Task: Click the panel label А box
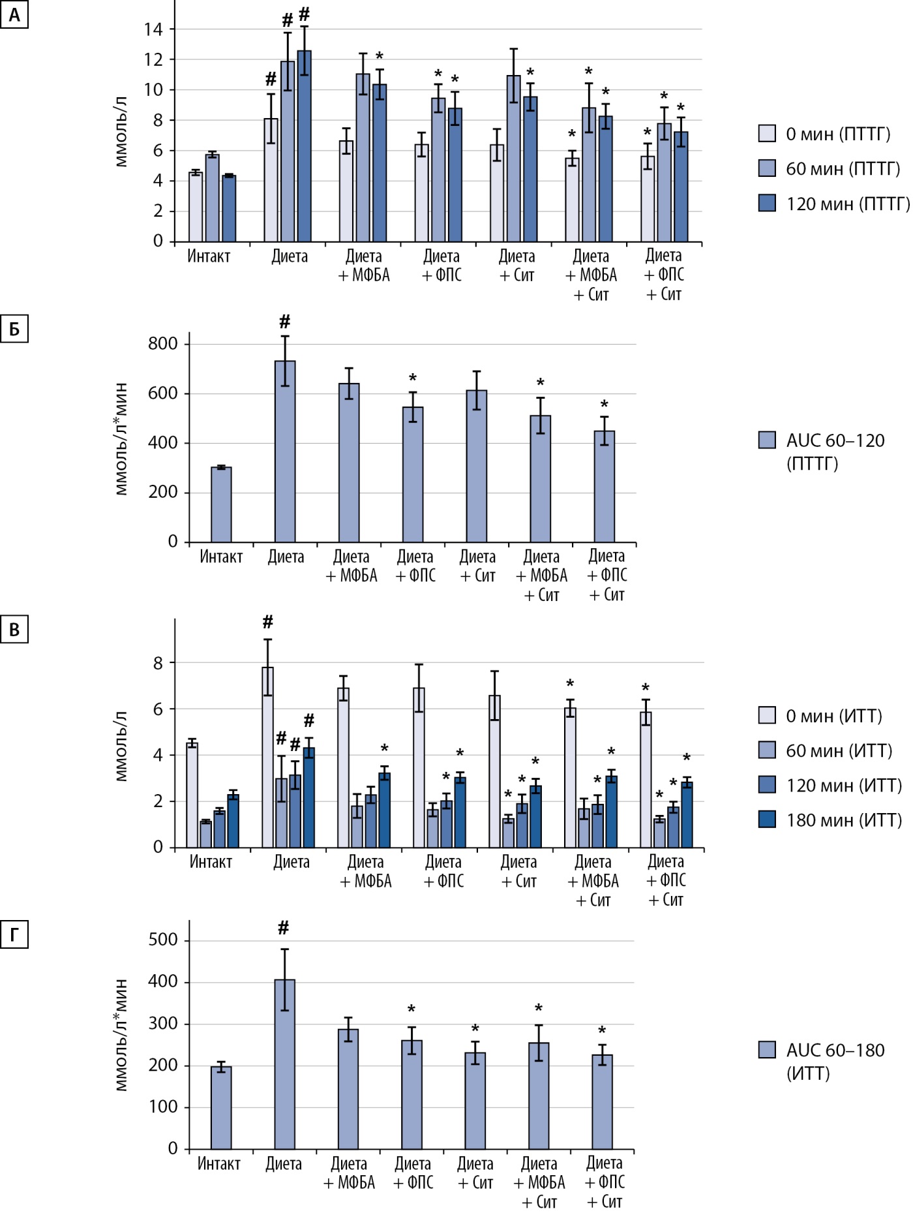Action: (14, 15)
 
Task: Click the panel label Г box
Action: (14, 935)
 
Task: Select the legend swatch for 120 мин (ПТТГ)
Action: (767, 204)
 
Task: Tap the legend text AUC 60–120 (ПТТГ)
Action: (835, 452)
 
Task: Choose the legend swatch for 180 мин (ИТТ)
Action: (767, 820)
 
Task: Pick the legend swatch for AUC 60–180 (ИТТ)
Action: (767, 1050)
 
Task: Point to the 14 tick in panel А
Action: (154, 29)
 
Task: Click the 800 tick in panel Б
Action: (162, 344)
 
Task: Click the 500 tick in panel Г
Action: (162, 940)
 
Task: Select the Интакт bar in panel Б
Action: (221, 504)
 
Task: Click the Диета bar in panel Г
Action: (284, 1064)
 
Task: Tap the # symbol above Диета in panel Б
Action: (284, 322)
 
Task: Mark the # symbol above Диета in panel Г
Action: (283, 927)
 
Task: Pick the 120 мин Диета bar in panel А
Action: (304, 146)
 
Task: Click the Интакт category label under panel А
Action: (209, 256)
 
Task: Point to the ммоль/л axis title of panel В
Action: (121, 746)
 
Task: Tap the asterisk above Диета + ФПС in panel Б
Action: (413, 378)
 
